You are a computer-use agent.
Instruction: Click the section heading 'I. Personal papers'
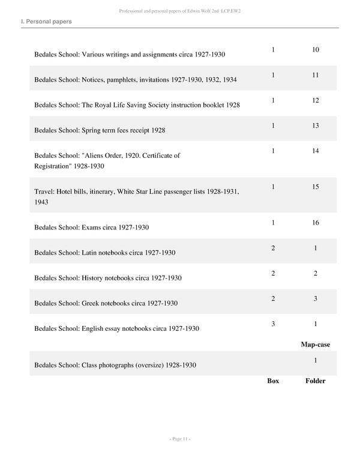click(46, 22)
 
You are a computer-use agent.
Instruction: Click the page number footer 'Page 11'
click(180, 440)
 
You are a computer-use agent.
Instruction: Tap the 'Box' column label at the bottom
click(273, 381)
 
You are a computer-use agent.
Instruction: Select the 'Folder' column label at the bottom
click(315, 381)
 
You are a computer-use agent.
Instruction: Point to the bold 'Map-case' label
click(315, 345)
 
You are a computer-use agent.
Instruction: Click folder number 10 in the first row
click(316, 49)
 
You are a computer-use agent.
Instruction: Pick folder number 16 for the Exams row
click(316, 223)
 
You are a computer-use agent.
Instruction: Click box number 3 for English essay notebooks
click(273, 324)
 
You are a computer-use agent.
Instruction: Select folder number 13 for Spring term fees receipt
click(316, 126)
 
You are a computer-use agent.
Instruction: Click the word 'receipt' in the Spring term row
click(138, 130)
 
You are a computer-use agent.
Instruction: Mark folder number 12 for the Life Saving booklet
click(316, 100)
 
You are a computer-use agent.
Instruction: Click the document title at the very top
click(180, 11)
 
